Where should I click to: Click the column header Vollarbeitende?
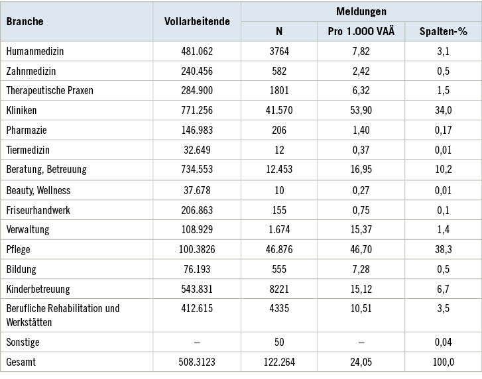[x=197, y=21]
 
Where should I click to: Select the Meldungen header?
[x=361, y=11]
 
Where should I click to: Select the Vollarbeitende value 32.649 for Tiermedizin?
[x=197, y=150]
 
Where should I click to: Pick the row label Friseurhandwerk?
[x=38, y=209]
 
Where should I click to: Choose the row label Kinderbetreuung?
[x=38, y=290]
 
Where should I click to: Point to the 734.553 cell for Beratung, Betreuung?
[x=197, y=170]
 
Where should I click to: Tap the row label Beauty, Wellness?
[x=38, y=190]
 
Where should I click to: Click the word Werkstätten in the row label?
[x=31, y=321]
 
